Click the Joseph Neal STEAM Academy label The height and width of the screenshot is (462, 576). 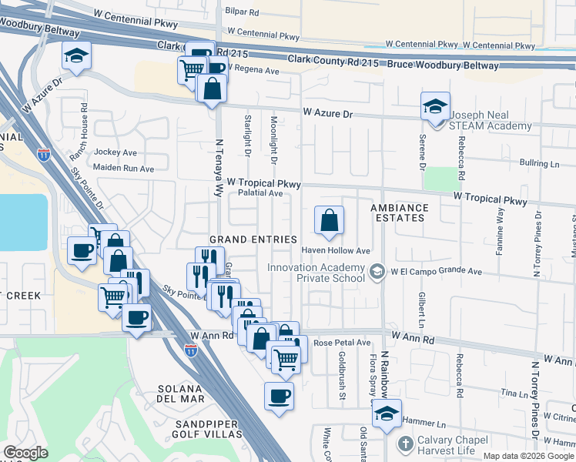coord(491,120)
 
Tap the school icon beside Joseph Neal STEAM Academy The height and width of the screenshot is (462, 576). coord(435,106)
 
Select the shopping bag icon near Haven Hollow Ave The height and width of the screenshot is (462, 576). coord(329,221)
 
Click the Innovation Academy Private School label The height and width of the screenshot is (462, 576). coord(317,273)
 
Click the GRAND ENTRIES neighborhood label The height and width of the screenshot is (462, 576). coord(254,239)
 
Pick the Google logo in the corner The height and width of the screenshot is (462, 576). coord(25,453)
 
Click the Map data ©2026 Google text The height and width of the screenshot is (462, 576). coord(527,456)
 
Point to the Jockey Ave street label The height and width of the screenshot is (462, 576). coord(115,152)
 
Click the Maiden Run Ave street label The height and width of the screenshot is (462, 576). coord(123,168)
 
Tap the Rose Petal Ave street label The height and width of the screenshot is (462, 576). coord(343,343)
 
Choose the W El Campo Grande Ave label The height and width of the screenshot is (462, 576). coord(436,271)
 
